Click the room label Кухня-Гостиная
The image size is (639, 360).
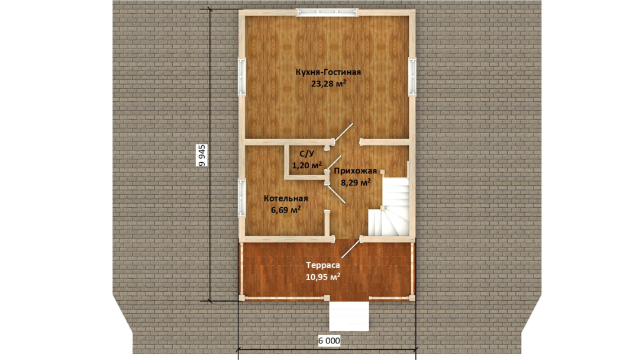tap(328, 73)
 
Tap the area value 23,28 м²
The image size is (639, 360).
tap(329, 84)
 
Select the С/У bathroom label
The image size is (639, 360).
tap(307, 154)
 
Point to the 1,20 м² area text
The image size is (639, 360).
tap(307, 165)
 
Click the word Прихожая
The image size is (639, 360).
tap(356, 171)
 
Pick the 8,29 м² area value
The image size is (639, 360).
tap(356, 182)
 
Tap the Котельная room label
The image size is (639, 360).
tap(286, 198)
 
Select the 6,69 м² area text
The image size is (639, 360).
tap(286, 210)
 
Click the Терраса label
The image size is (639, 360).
tap(323, 265)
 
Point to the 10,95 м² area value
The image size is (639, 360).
tap(323, 277)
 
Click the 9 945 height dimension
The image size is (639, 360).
tap(202, 155)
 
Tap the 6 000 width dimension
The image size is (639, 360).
tap(329, 340)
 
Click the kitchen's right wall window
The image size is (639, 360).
tap(412, 76)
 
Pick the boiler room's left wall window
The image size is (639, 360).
tap(241, 198)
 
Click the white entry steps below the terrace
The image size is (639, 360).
tap(349, 316)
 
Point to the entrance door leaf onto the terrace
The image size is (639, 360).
tap(351, 249)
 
